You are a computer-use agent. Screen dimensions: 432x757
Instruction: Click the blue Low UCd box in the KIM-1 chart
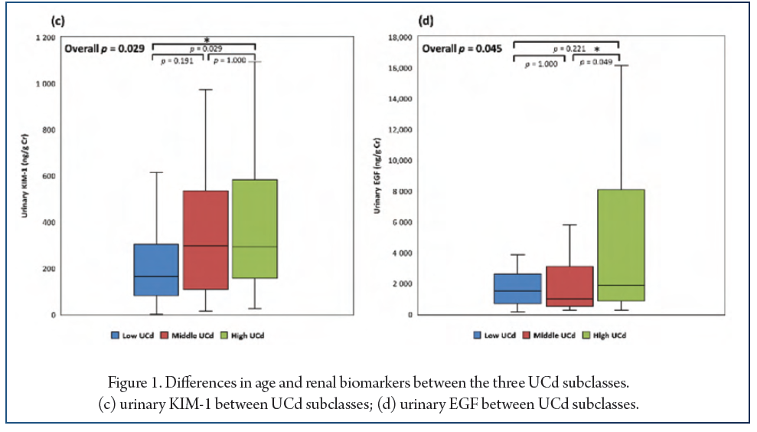click(155, 270)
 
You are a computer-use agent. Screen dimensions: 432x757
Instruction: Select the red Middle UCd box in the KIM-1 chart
click(204, 240)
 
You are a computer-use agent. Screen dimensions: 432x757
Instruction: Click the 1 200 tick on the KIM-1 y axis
click(45, 38)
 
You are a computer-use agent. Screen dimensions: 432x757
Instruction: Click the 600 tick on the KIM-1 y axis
click(47, 176)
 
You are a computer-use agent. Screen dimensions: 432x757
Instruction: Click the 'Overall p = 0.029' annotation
click(104, 48)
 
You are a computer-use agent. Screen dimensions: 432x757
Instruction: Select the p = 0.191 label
click(176, 61)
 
